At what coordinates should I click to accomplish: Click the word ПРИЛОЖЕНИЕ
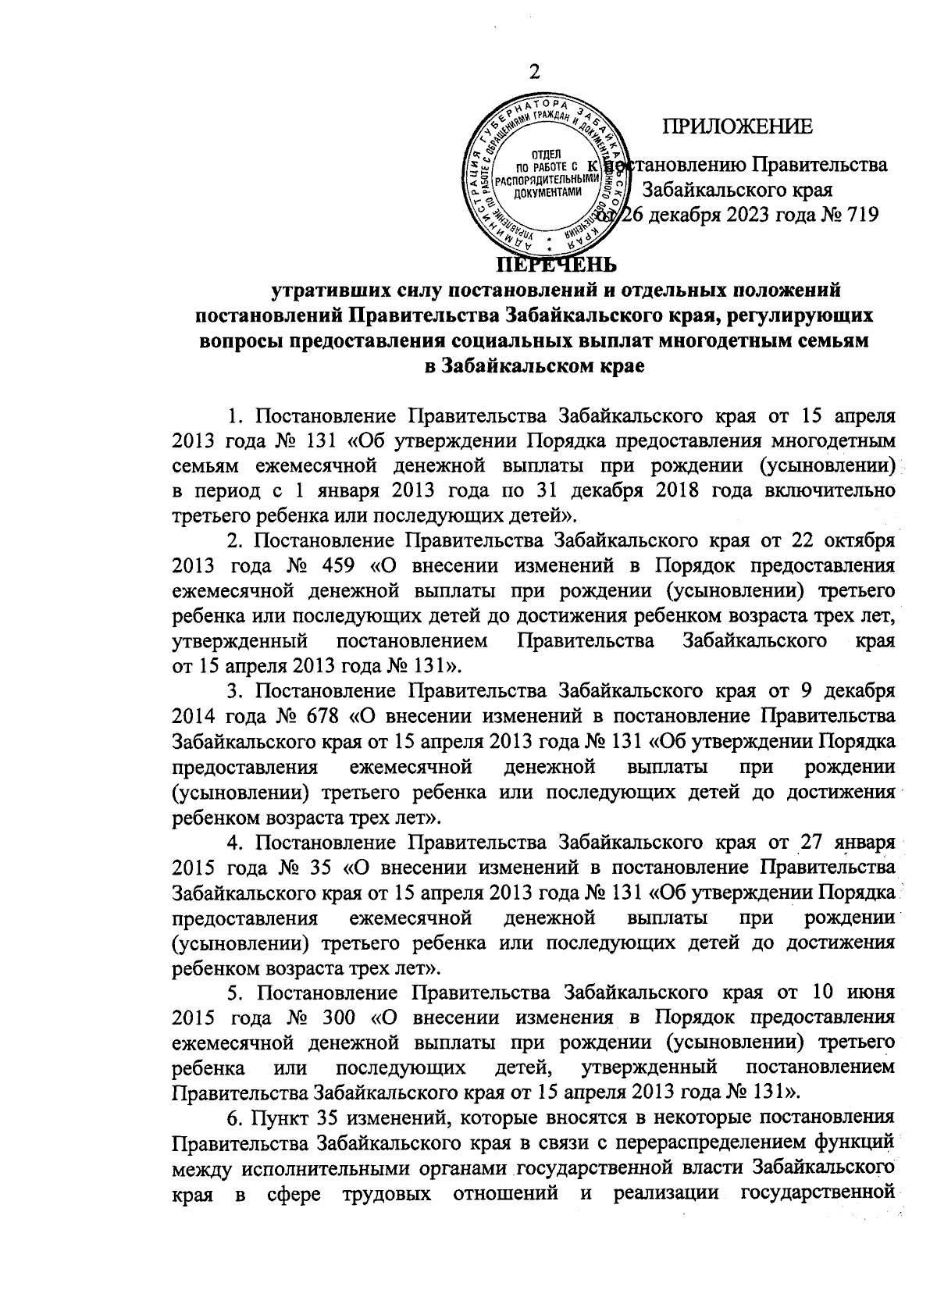click(737, 127)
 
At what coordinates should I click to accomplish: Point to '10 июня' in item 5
click(852, 995)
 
